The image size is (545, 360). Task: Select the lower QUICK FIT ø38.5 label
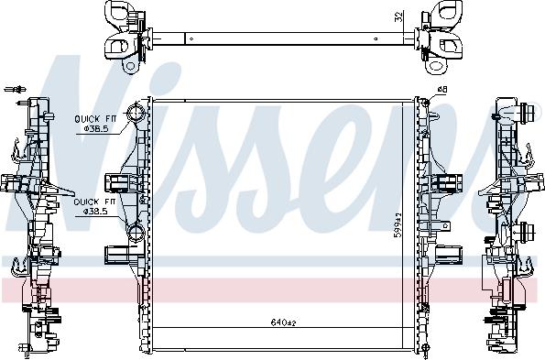point(95,205)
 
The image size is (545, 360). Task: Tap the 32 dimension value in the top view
point(398,16)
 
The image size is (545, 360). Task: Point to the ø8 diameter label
point(441,89)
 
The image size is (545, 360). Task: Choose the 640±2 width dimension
point(284,322)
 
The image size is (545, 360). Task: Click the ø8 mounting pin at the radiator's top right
point(423,94)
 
